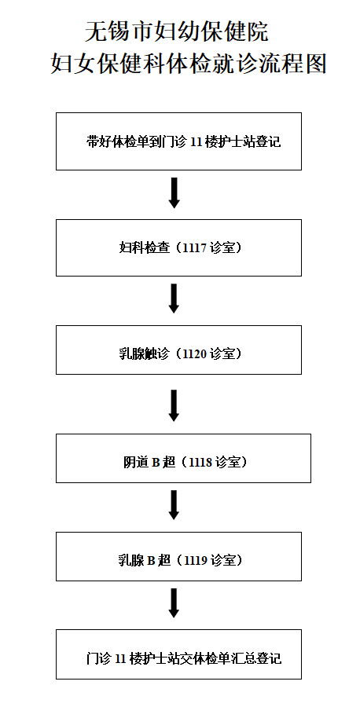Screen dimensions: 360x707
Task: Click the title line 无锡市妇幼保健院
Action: [177, 32]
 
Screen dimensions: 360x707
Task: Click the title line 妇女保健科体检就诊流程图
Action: [189, 63]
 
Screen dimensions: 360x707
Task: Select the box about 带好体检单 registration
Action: [178, 141]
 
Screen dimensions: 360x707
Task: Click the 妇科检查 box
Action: [178, 247]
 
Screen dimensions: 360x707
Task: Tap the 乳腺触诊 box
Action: [178, 350]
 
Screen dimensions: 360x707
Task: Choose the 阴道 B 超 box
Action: [183, 458]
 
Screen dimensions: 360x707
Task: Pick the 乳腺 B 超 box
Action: [178, 556]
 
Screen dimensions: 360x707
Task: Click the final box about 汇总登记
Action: [178, 654]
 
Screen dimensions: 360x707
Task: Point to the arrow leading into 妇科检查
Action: [174, 193]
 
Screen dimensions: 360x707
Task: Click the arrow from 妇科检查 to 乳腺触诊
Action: [174, 298]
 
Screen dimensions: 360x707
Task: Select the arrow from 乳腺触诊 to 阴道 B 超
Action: [174, 405]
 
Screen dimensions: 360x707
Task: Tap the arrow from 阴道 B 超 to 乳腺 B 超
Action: [174, 505]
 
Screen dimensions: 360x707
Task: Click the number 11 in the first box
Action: [196, 142]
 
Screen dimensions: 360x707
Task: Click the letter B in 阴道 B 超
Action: [155, 463]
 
